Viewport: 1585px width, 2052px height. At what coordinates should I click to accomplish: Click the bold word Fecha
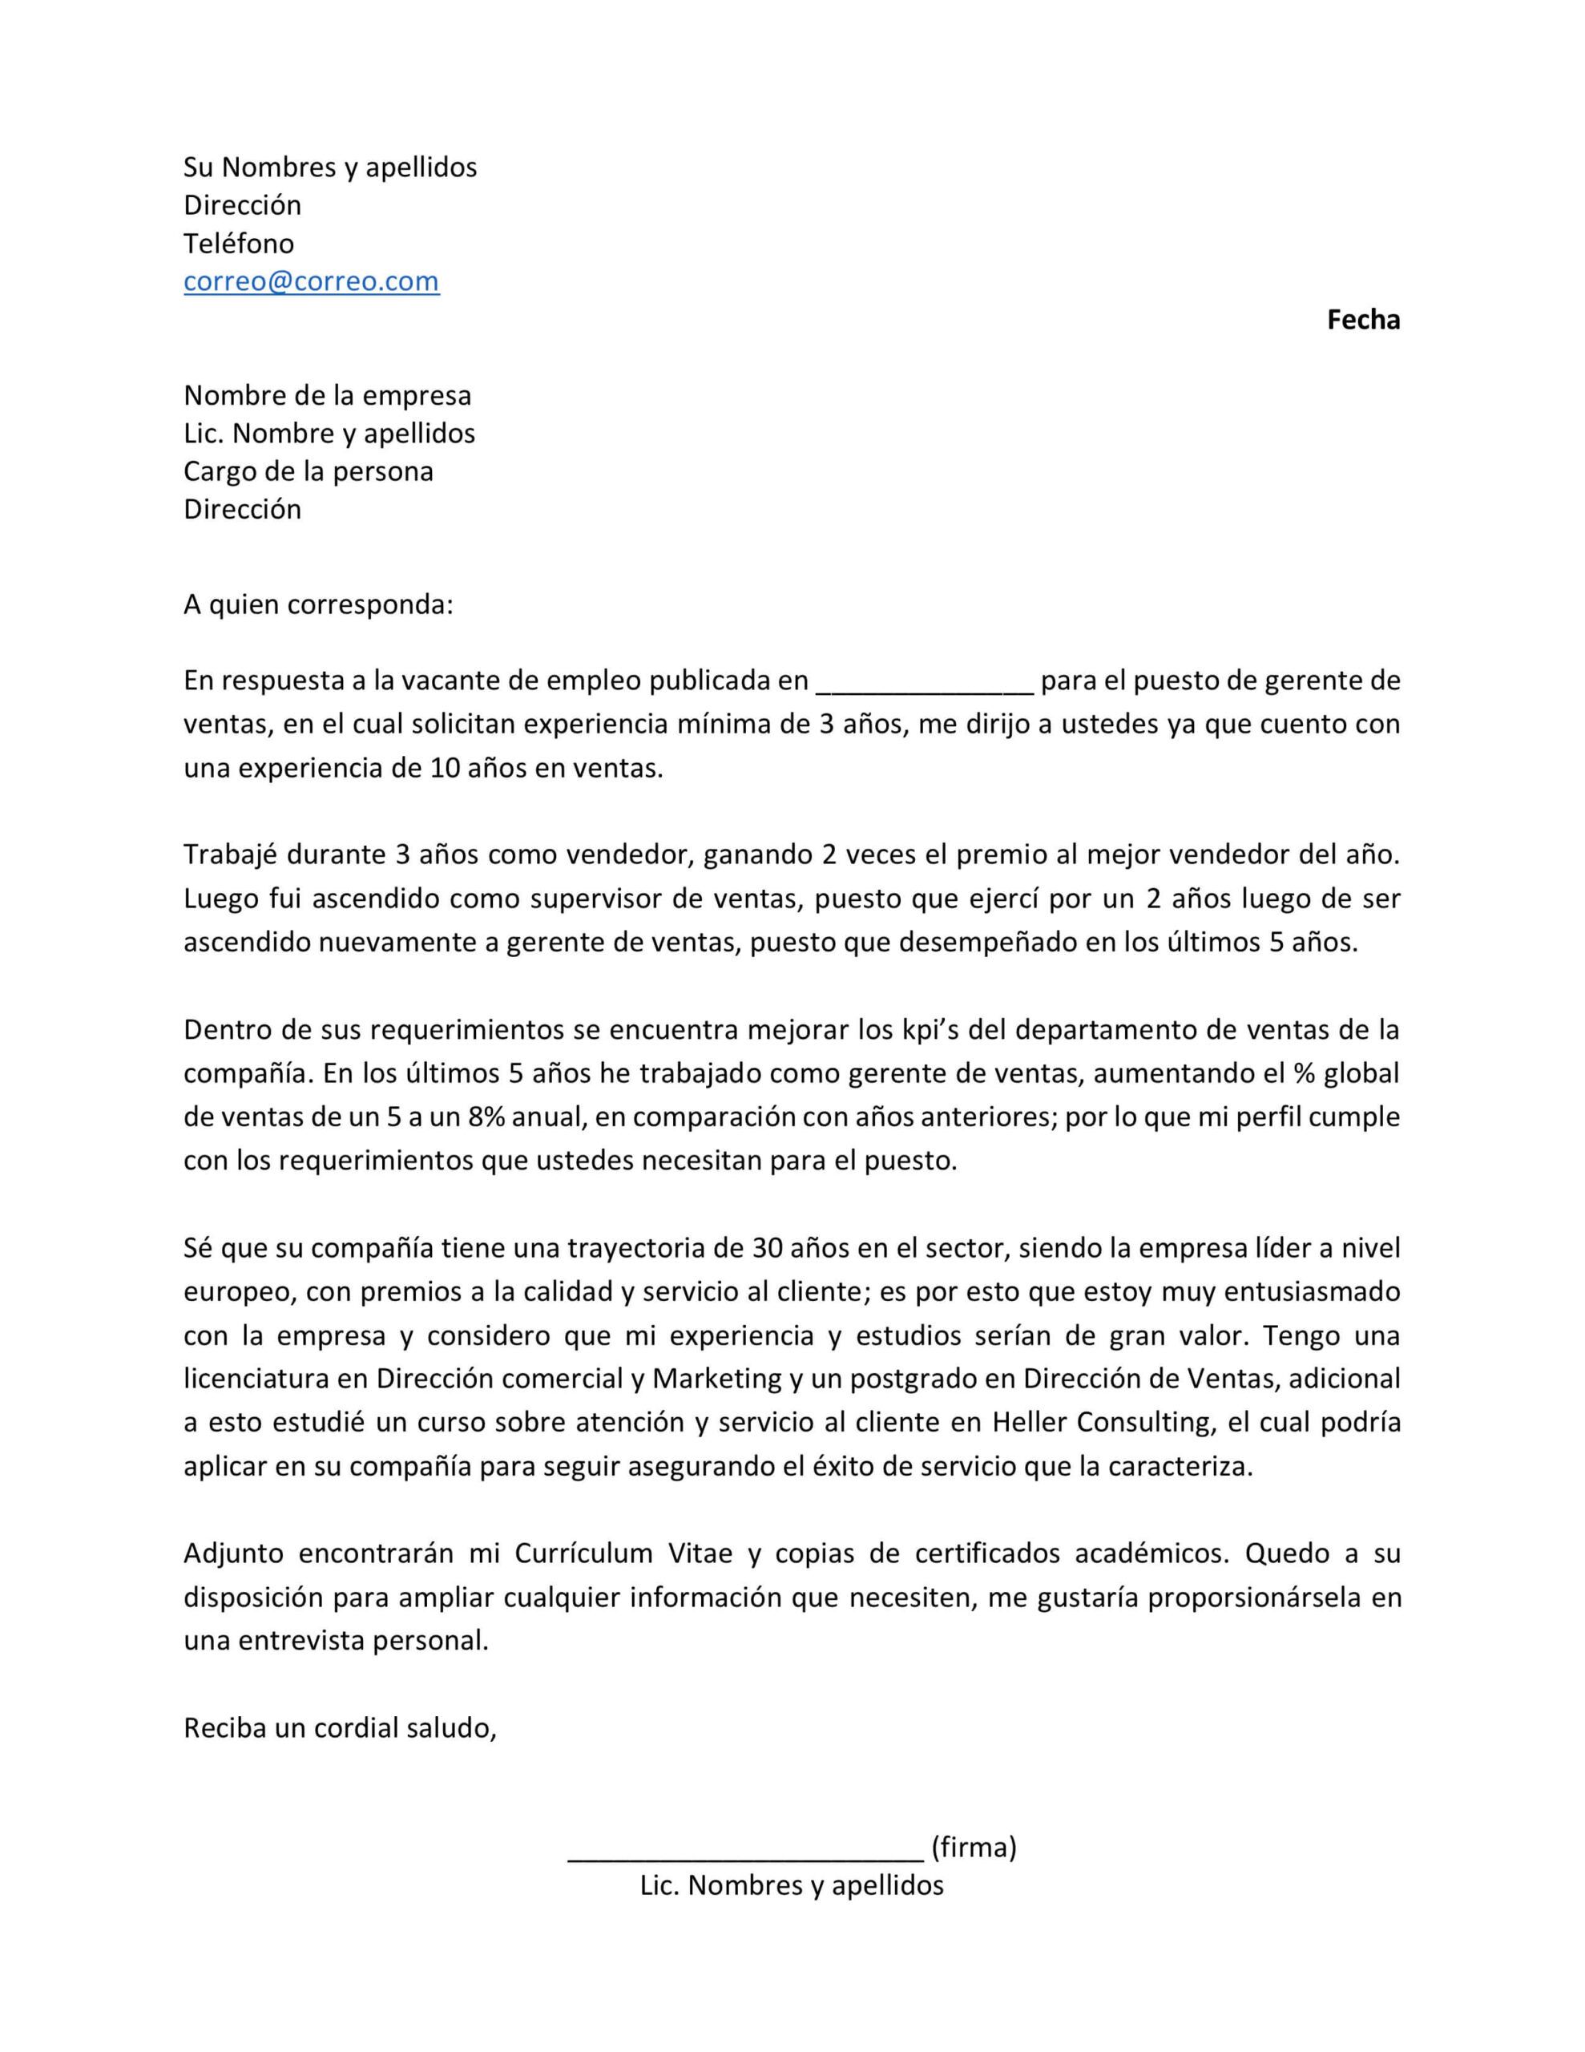1362,320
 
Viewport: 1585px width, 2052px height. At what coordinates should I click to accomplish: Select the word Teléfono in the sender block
239,244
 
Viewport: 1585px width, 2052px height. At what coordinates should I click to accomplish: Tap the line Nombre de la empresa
327,395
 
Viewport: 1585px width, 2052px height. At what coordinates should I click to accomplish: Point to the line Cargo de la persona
309,471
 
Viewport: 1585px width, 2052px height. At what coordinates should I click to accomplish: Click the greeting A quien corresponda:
317,604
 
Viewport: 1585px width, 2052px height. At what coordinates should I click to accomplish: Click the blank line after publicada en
925,681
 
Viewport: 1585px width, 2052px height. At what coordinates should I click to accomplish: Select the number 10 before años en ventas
445,768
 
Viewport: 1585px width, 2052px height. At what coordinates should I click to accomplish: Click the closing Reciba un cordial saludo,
339,1728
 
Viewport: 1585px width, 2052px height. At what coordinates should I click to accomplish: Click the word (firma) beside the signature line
974,1847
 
